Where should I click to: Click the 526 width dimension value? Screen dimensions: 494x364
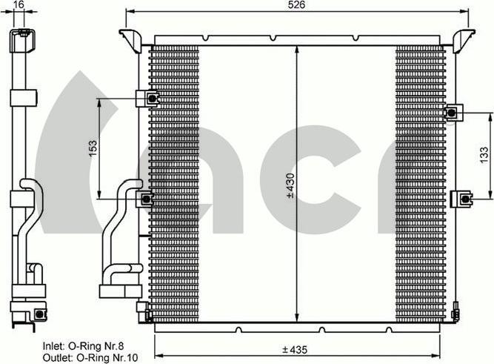coord(297,4)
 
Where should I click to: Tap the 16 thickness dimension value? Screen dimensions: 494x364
coord(19,4)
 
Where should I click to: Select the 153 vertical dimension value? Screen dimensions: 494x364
coord(93,148)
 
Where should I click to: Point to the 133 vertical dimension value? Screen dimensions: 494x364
coord(484,155)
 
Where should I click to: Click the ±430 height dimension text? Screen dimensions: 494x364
coord(290,185)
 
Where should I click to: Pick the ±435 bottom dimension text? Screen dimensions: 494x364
coord(295,349)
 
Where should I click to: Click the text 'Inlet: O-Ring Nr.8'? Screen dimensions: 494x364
coord(84,346)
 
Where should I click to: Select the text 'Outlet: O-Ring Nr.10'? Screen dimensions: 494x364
coord(90,357)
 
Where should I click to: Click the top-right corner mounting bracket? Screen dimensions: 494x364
coord(464,40)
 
